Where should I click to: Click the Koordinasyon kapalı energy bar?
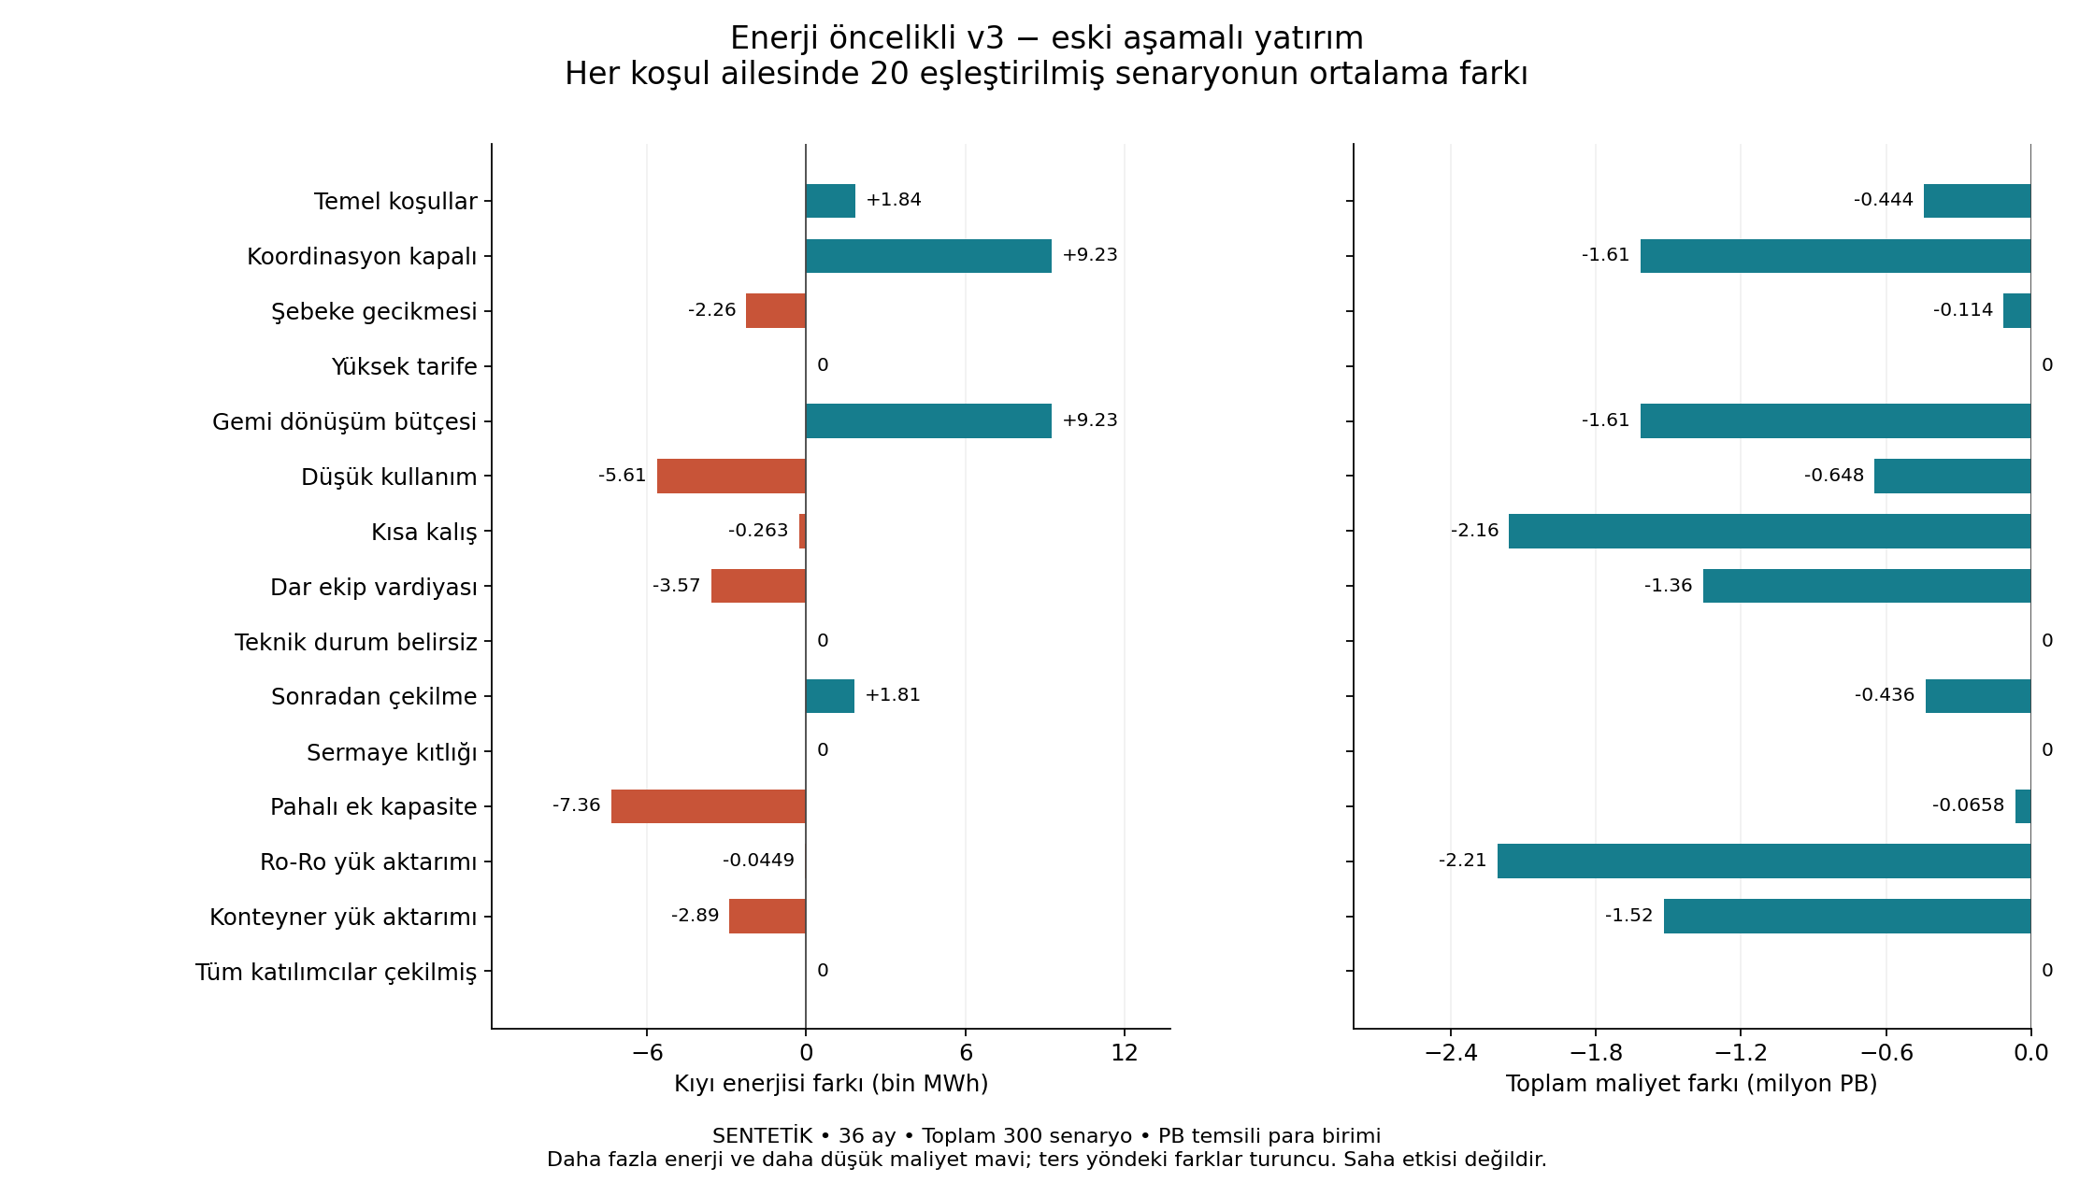[928, 256]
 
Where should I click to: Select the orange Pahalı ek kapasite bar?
[709, 806]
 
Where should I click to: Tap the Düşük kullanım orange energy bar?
[731, 476]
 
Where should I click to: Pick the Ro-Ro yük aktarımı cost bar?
[1764, 861]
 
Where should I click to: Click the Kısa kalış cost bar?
[1770, 531]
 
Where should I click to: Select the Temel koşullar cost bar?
[1977, 201]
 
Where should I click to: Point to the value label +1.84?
[894, 200]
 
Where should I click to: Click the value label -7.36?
[577, 805]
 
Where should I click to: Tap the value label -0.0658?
[1969, 805]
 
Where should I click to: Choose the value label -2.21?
[1463, 861]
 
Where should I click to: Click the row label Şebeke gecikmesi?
[374, 311]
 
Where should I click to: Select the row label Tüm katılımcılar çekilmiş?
[336, 972]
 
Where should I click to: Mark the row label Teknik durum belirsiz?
[356, 642]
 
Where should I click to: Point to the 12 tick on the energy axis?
[1125, 1053]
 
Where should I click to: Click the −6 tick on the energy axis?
[647, 1053]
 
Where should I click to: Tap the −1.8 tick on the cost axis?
[1596, 1053]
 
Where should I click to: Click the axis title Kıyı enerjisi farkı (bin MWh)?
[831, 1084]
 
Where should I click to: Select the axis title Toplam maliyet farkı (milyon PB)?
[1692, 1084]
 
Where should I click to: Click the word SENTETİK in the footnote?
[762, 1136]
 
